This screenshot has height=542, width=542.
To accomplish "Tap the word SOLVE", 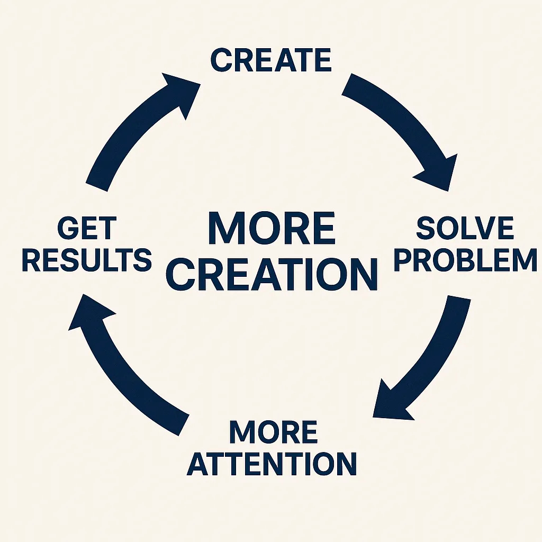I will pos(465,229).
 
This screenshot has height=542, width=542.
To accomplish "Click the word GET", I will pos(86,229).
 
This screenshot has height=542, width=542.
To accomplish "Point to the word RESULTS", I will pos(87,260).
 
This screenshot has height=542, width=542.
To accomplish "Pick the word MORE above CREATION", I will pos(272,228).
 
